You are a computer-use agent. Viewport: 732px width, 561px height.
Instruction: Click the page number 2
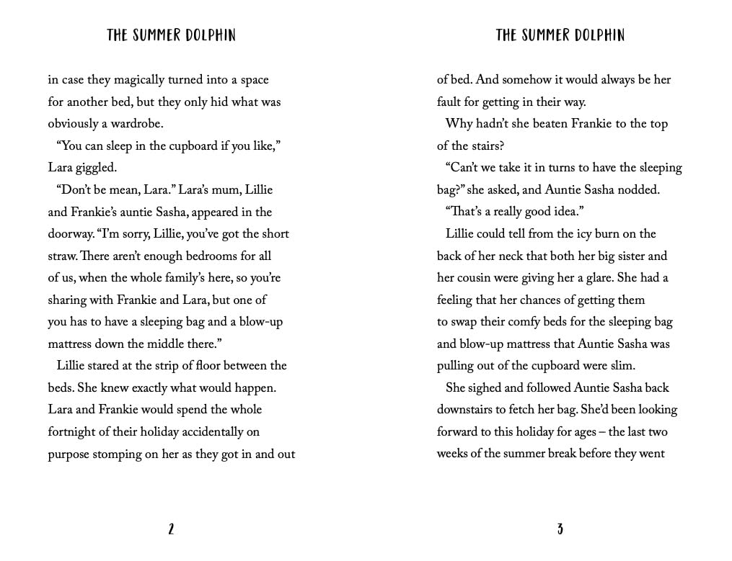(171, 529)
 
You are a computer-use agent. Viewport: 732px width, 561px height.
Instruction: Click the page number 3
(560, 529)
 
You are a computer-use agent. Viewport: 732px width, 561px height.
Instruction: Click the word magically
(138, 80)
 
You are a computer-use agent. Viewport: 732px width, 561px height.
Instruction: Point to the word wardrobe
(136, 124)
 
